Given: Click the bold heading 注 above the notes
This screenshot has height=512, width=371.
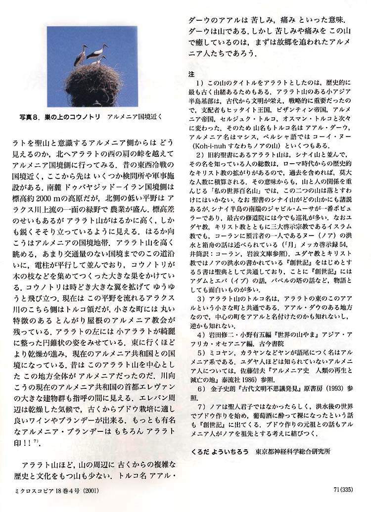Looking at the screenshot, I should point(192,73).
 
